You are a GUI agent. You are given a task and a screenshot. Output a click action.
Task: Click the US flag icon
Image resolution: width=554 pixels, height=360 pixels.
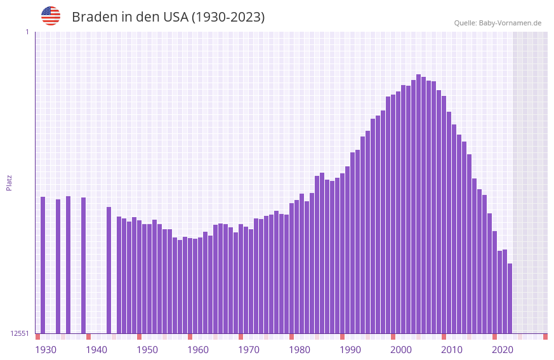pyautogui.click(x=51, y=16)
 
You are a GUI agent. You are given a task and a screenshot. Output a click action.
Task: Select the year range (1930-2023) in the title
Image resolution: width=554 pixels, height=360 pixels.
pyautogui.click(x=228, y=17)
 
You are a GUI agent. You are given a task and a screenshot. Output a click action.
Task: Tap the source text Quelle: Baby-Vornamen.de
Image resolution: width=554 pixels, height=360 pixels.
pyautogui.click(x=498, y=23)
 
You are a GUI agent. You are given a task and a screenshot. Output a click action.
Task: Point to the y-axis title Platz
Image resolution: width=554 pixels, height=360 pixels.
pyautogui.click(x=9, y=182)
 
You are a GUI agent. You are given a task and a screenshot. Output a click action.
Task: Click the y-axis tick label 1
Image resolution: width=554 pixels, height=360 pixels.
pyautogui.click(x=27, y=32)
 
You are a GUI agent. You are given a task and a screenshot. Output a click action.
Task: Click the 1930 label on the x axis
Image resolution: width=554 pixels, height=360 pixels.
pyautogui.click(x=46, y=350)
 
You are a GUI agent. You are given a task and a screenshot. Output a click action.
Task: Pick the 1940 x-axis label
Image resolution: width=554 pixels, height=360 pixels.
pyautogui.click(x=96, y=350)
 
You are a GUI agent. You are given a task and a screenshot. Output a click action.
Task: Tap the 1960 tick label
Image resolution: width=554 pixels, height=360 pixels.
pyautogui.click(x=198, y=350)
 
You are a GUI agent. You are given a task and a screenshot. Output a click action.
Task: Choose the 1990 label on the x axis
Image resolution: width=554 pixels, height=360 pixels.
pyautogui.click(x=350, y=350)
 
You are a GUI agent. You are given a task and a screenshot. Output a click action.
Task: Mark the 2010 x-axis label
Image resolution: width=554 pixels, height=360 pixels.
pyautogui.click(x=452, y=350)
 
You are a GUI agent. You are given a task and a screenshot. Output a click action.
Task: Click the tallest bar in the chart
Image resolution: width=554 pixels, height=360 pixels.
pyautogui.click(x=419, y=203)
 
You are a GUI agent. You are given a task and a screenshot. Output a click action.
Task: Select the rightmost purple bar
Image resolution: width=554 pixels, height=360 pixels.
pyautogui.click(x=510, y=298)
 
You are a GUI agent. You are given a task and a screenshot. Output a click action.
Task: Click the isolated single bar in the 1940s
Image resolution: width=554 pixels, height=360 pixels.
pyautogui.click(x=109, y=270)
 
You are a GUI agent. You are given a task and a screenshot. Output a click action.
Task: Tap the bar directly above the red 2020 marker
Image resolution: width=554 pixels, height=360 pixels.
pyautogui.click(x=494, y=283)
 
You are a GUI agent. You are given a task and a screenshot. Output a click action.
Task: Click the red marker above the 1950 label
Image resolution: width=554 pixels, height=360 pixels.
pyautogui.click(x=140, y=337)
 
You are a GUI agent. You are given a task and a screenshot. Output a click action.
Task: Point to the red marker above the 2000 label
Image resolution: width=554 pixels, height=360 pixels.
pyautogui.click(x=393, y=337)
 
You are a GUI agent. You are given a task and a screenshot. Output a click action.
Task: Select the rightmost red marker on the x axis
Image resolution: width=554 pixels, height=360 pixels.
pyautogui.click(x=545, y=337)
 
